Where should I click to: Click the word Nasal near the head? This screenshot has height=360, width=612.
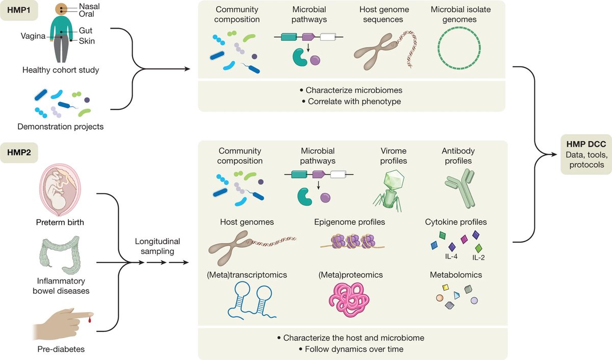89,6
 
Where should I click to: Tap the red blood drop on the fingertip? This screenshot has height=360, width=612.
90,320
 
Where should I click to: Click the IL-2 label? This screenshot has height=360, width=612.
478,258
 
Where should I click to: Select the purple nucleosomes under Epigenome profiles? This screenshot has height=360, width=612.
351,241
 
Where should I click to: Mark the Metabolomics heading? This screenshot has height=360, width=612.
455,275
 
